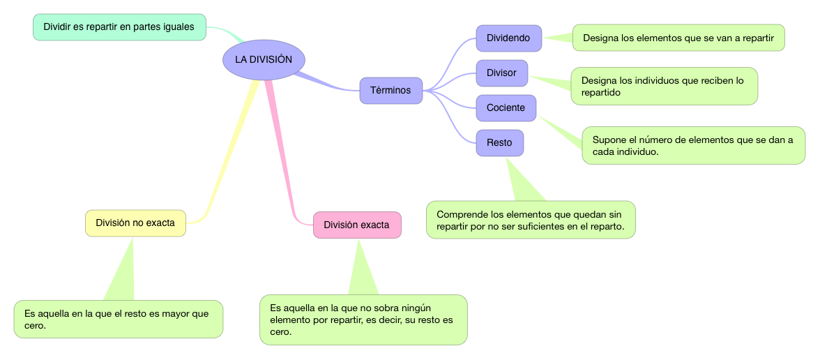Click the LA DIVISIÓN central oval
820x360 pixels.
point(264,59)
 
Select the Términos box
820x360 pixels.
point(391,90)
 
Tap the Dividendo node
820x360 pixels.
point(508,38)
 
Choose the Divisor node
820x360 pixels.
point(501,73)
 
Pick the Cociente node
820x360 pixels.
point(506,108)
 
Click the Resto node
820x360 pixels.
point(499,142)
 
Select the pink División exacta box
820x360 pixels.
point(357,225)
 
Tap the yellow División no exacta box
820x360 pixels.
point(135,223)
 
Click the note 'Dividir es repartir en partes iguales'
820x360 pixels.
point(119,27)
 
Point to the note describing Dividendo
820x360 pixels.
point(678,38)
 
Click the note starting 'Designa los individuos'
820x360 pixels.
point(664,86)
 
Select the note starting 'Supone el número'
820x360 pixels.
point(693,145)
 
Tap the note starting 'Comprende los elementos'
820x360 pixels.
point(531,220)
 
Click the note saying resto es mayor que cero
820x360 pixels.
point(119,319)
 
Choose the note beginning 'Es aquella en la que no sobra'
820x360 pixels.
point(363,320)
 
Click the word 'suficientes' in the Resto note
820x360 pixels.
point(534,227)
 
